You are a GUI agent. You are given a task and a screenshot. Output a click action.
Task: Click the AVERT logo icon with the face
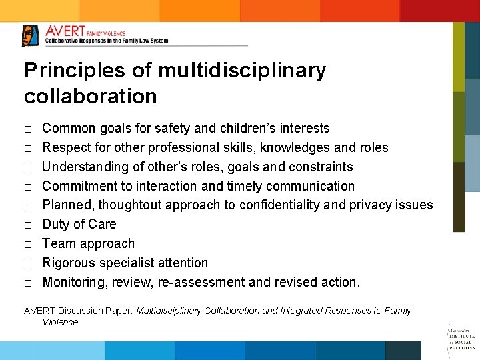pyautogui.click(x=30, y=35)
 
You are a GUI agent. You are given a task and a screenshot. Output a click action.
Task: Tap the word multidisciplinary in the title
pyautogui.click(x=243, y=71)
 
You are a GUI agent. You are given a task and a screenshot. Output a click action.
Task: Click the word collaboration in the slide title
pyautogui.click(x=90, y=96)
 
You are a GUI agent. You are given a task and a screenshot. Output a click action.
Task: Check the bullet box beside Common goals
pyautogui.click(x=27, y=129)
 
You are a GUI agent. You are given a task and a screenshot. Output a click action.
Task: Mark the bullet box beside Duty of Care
pyautogui.click(x=27, y=225)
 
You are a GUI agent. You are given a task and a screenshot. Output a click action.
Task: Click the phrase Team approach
pyautogui.click(x=88, y=244)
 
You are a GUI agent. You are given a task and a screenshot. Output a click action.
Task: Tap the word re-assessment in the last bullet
pyautogui.click(x=201, y=283)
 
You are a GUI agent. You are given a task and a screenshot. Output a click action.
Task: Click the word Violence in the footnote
pyautogui.click(x=60, y=322)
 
